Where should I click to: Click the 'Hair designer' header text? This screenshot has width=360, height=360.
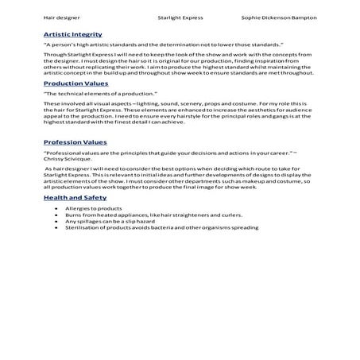coord(61,17)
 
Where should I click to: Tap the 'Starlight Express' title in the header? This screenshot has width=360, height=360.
coord(180,17)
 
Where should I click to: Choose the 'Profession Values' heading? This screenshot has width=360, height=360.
coord(75,142)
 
